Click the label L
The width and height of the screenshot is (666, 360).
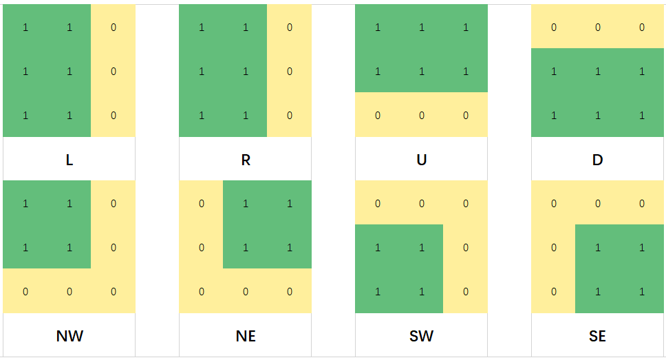pyautogui.click(x=69, y=160)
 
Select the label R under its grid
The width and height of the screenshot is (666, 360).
pyautogui.click(x=246, y=160)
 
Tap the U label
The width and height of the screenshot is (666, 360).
pyautogui.click(x=422, y=160)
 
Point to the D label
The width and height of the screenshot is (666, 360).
pyautogui.click(x=597, y=160)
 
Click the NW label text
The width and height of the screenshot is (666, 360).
pyautogui.click(x=69, y=336)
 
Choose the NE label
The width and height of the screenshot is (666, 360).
pyautogui.click(x=246, y=336)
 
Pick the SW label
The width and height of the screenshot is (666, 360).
pyautogui.click(x=422, y=336)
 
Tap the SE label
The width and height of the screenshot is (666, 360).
pyautogui.click(x=597, y=336)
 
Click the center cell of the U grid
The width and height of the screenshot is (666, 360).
pyautogui.click(x=422, y=72)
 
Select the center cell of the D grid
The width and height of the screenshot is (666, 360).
pyautogui.click(x=598, y=72)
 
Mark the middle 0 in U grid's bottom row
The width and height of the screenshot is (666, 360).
pyautogui.click(x=422, y=116)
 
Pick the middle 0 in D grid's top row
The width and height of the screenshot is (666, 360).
pyautogui.click(x=598, y=28)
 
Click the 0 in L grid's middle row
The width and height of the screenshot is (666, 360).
pyautogui.click(x=114, y=72)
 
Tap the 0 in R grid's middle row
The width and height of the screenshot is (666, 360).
pyautogui.click(x=290, y=72)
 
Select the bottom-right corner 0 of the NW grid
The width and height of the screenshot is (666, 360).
pyautogui.click(x=114, y=292)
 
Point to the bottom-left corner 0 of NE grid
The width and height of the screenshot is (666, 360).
pyautogui.click(x=202, y=292)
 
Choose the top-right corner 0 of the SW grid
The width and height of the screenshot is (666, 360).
pyautogui.click(x=466, y=204)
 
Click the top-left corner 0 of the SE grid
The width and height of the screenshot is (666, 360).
pyautogui.click(x=554, y=204)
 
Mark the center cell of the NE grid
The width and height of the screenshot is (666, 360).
pyautogui.click(x=246, y=248)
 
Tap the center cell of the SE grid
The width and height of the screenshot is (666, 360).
pyautogui.click(x=598, y=248)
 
